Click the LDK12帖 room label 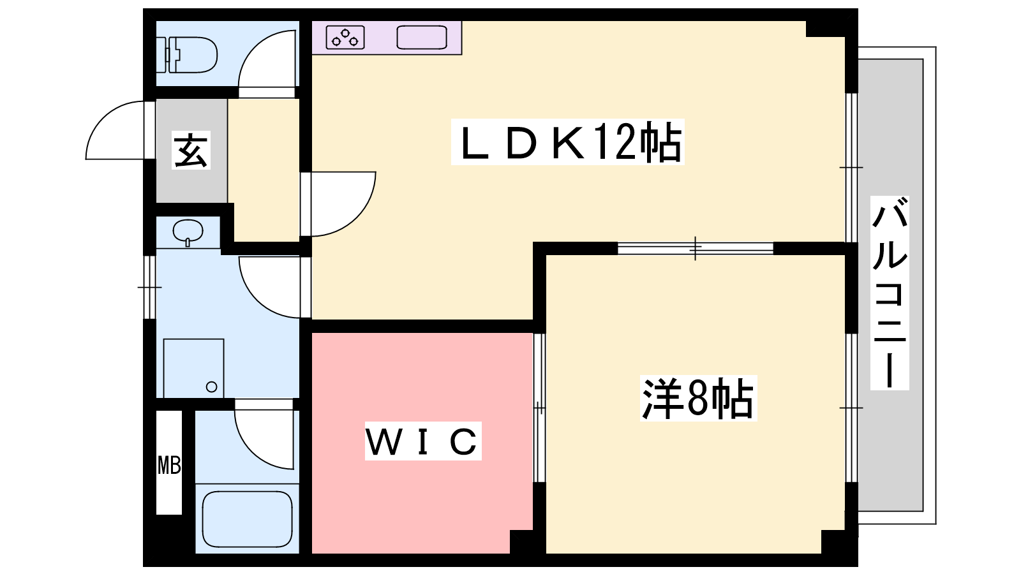567,142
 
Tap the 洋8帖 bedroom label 698,399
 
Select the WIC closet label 422,441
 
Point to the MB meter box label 169,465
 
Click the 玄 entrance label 191,151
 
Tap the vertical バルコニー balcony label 890,293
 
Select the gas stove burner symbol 345,38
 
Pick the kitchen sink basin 421,38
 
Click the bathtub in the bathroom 247,519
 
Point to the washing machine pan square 193,368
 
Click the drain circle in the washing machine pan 212,386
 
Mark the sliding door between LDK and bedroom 696,248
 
